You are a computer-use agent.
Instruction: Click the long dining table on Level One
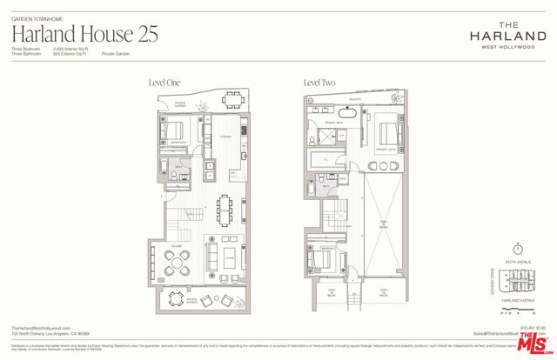(225, 207)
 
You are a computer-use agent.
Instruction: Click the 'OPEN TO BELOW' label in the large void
(383, 225)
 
